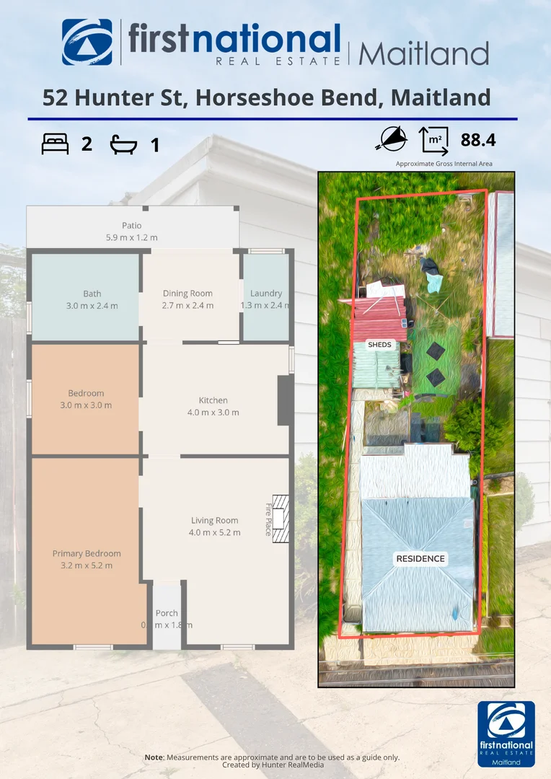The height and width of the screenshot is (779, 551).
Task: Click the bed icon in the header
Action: (x=56, y=144)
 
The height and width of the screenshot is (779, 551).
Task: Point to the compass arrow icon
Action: (x=390, y=139)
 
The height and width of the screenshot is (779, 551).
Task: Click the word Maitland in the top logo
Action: (x=424, y=53)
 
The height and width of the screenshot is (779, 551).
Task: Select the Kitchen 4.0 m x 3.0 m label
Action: (x=213, y=406)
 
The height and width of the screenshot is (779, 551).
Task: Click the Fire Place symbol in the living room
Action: (x=280, y=518)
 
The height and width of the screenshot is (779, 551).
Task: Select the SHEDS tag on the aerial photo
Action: (x=379, y=345)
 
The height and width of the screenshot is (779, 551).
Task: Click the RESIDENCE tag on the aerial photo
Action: (x=420, y=559)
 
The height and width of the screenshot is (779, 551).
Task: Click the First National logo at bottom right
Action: (x=506, y=734)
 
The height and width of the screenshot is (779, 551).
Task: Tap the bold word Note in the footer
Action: (x=154, y=757)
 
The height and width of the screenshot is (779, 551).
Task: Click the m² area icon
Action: (x=433, y=140)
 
